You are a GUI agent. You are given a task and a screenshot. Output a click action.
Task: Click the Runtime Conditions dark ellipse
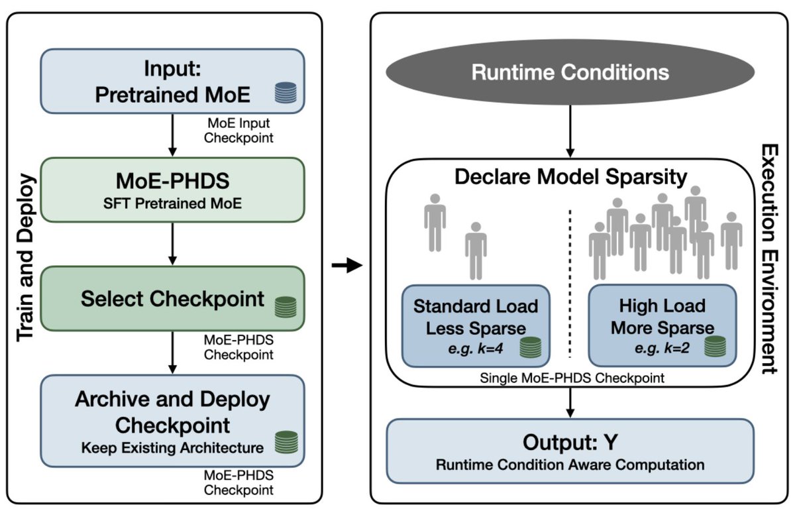(x=570, y=72)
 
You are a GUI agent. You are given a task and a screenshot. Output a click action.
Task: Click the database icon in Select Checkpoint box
(x=286, y=306)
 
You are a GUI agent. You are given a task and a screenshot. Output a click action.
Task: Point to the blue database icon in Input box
(x=286, y=92)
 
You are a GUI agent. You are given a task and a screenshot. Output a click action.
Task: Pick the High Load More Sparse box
(x=662, y=325)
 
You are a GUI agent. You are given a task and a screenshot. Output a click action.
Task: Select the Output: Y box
(x=570, y=450)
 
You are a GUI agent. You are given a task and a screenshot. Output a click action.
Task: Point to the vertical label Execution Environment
(x=769, y=258)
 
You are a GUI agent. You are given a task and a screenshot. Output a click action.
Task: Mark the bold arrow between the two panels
(x=346, y=266)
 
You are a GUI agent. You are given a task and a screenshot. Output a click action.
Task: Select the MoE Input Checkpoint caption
(x=238, y=130)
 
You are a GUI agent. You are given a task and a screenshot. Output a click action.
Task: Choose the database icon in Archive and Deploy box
(x=286, y=441)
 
